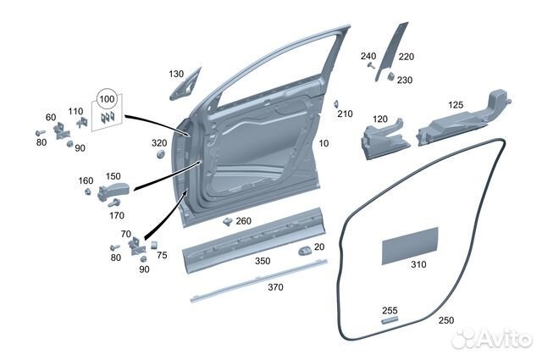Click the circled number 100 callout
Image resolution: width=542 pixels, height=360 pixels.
coord(107,99)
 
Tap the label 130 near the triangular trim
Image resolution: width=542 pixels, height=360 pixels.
coord(176,74)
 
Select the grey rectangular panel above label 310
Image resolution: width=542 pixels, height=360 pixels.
coord(410,246)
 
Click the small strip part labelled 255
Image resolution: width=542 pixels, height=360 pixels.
coord(390,320)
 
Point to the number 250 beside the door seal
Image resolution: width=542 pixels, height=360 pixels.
coord(446,320)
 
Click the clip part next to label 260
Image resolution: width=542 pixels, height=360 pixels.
coord(228,221)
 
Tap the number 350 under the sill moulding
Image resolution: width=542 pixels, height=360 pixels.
coord(263,261)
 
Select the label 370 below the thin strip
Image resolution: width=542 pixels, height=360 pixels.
coord(275,287)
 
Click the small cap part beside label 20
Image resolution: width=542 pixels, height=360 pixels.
coord(305,251)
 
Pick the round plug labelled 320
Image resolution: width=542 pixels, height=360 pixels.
coord(160,154)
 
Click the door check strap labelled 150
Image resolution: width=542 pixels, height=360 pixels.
coord(113,191)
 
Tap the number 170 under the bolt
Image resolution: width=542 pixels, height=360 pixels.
coord(117,216)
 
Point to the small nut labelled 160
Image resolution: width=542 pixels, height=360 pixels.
coord(88,191)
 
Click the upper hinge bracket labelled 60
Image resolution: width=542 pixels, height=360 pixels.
coord(62,131)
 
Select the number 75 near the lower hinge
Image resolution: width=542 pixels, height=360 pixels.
coord(162,256)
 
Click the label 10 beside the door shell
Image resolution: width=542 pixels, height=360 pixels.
coord(324,143)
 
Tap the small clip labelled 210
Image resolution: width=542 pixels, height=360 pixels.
coord(336,104)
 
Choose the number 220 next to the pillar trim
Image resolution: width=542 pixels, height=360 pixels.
coord(406,57)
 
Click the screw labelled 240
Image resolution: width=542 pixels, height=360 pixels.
coord(371,65)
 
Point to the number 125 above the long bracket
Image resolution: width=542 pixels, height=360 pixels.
coord(456,105)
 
